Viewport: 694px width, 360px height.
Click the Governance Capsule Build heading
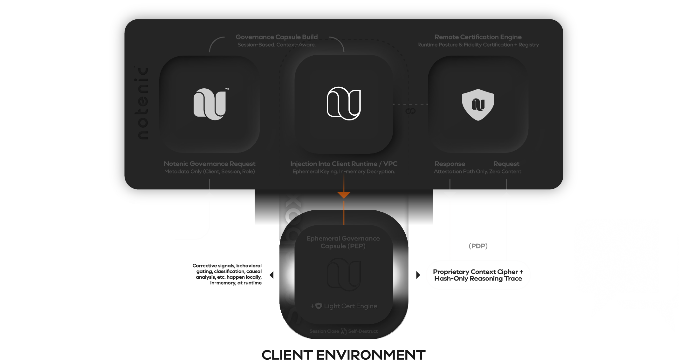click(x=277, y=37)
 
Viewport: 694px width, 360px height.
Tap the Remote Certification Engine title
click(x=478, y=37)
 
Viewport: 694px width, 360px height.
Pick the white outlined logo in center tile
click(x=344, y=104)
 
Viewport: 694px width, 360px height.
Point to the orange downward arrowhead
click(x=344, y=195)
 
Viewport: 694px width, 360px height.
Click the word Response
click(x=450, y=164)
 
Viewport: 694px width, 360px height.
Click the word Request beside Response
click(x=506, y=164)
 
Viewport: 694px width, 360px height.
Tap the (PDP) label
click(x=478, y=246)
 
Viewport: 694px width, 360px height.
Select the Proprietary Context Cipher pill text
click(x=478, y=275)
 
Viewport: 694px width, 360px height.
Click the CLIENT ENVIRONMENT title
click(x=343, y=355)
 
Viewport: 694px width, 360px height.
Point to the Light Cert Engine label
click(x=350, y=306)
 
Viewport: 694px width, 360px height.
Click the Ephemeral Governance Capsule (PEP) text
click(x=343, y=242)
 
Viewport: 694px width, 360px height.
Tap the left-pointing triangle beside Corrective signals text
click(x=271, y=275)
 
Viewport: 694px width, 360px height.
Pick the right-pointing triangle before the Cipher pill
click(x=418, y=275)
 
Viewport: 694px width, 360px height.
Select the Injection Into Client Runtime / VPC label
click(x=344, y=164)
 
